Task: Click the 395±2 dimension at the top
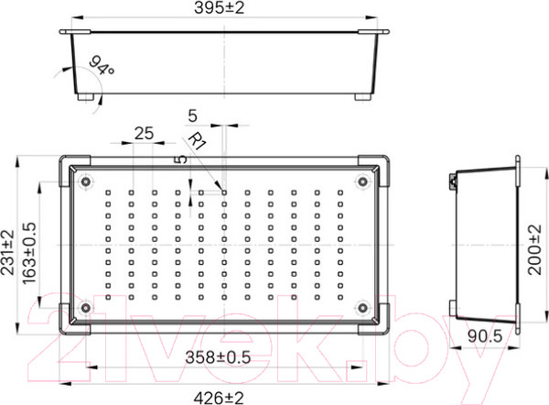[224, 8]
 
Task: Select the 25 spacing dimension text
[143, 132]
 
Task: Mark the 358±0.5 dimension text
[225, 356]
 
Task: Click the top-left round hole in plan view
[85, 181]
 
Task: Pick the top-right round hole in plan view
[363, 181]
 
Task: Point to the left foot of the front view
[85, 96]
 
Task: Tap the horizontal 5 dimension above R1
[192, 115]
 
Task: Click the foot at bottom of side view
[455, 308]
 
